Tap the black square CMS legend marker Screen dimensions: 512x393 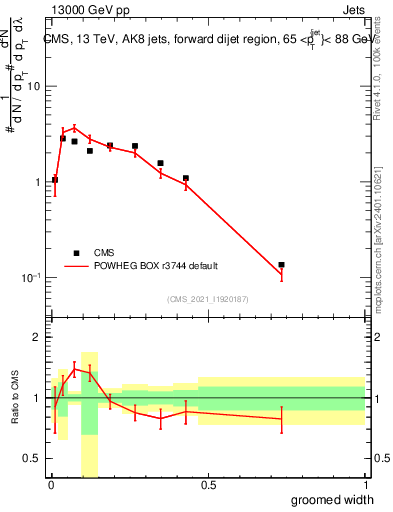[x=76, y=253]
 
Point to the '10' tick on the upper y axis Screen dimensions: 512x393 [x=33, y=86]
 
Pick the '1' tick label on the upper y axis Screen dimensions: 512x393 [x=36, y=182]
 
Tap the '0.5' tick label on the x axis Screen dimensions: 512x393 [x=208, y=485]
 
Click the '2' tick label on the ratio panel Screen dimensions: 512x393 [x=36, y=338]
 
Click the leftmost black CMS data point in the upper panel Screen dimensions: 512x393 [x=55, y=180]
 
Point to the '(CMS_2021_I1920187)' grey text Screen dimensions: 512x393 [x=206, y=299]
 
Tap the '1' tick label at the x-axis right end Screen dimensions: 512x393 [x=364, y=485]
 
